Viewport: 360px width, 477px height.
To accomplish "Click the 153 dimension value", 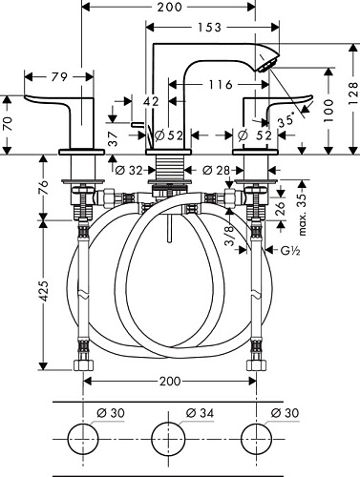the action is click(x=209, y=28).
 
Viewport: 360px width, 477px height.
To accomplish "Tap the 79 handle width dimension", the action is click(x=59, y=77).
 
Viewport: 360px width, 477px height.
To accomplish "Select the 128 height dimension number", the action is click(x=352, y=93).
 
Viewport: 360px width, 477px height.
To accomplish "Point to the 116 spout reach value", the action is click(x=221, y=85).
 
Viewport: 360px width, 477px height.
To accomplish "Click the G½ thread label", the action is click(x=290, y=251).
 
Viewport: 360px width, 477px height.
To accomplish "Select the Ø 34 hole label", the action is click(x=200, y=413).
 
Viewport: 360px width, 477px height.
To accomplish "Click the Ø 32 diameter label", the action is click(x=129, y=171).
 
